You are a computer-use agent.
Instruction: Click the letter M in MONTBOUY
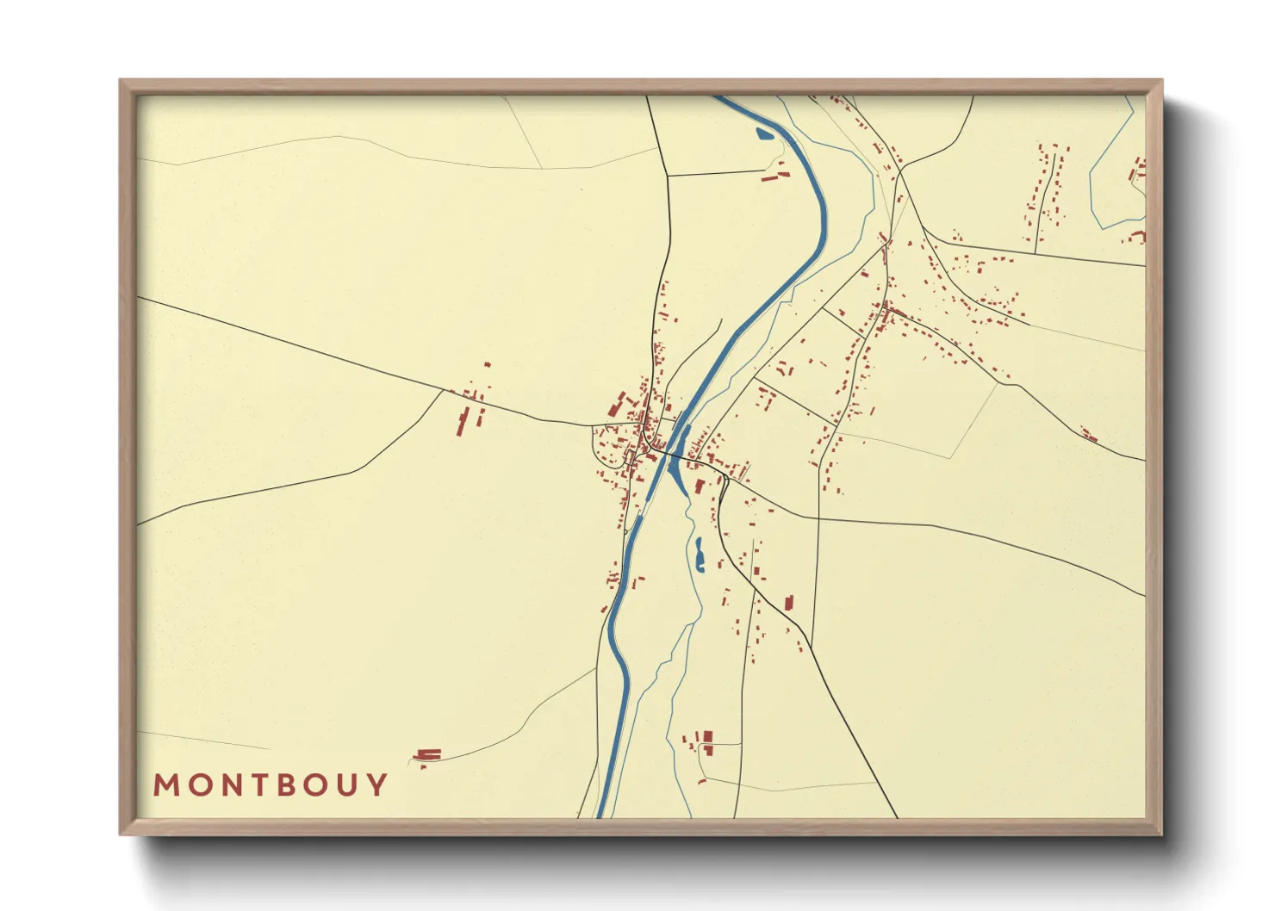coord(166,785)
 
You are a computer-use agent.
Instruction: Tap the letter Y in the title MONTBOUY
coord(377,785)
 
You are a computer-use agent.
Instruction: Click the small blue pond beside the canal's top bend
coord(763,133)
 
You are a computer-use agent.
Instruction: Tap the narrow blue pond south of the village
coord(699,555)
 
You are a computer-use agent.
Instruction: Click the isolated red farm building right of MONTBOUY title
coord(428,755)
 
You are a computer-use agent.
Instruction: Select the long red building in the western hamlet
coord(463,422)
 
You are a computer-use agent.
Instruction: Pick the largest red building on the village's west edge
coord(617,404)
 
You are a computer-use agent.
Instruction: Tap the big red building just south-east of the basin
coord(700,486)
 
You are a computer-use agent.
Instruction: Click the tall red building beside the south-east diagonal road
coord(787,602)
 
